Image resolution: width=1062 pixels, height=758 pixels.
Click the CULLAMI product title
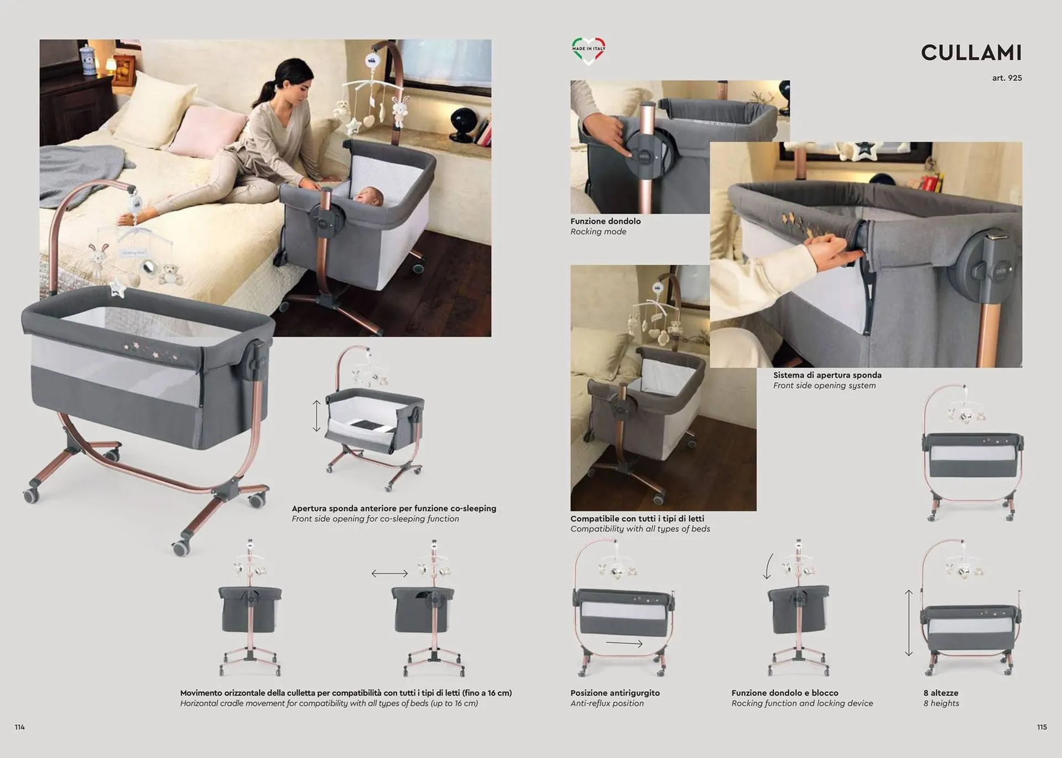971,53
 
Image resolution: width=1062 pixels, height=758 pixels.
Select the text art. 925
1007,78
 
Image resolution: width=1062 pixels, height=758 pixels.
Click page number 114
20,727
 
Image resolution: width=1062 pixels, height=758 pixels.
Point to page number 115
1042,727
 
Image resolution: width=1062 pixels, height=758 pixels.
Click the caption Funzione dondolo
606,221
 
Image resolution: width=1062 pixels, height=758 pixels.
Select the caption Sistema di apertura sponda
827,375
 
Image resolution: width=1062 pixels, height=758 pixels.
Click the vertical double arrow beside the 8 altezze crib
909,623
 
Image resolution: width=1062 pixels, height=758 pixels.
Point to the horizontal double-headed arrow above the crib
389,574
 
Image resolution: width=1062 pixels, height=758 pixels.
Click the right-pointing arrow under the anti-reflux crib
624,643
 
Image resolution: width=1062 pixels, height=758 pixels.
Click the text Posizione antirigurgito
615,693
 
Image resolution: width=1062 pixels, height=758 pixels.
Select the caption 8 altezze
941,693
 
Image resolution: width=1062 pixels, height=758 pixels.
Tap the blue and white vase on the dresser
87,60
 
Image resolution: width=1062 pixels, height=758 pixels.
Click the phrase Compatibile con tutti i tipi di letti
637,518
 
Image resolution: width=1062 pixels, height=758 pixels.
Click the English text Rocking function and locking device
802,703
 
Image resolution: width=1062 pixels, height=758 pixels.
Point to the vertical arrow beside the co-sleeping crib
316,416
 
